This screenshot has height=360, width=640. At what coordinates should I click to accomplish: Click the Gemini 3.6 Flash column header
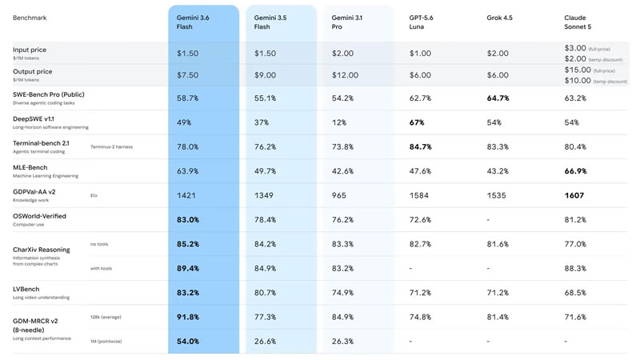(193, 22)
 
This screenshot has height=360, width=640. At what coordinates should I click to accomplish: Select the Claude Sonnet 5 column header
(578, 22)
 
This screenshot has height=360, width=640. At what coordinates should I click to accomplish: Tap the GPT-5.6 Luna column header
(422, 22)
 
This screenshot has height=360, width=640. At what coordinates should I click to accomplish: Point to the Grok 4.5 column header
(499, 18)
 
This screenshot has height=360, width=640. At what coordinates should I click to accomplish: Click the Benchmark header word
(30, 18)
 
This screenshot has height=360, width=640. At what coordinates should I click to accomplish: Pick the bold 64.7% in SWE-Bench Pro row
(498, 98)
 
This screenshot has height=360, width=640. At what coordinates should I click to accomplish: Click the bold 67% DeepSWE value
(417, 122)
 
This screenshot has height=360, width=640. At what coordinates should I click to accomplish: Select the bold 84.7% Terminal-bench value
(421, 147)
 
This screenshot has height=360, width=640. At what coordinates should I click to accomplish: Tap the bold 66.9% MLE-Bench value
(575, 171)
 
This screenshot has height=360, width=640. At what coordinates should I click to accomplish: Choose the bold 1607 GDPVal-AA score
(574, 195)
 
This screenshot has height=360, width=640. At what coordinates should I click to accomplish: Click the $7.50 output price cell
(188, 75)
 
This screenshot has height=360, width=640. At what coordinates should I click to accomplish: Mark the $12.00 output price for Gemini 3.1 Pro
(345, 75)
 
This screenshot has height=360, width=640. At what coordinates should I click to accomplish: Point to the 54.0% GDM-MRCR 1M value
(188, 342)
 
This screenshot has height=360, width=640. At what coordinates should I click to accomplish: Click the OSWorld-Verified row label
(39, 216)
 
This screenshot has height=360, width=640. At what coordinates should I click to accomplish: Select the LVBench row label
(26, 289)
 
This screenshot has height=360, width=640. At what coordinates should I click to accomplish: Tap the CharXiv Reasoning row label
(42, 250)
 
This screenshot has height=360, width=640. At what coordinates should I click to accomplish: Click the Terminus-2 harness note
(111, 147)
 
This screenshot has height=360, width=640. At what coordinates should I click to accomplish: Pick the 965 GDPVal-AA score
(339, 195)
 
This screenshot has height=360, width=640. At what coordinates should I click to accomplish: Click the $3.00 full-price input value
(575, 48)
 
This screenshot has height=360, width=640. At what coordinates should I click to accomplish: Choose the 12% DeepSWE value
(338, 122)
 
